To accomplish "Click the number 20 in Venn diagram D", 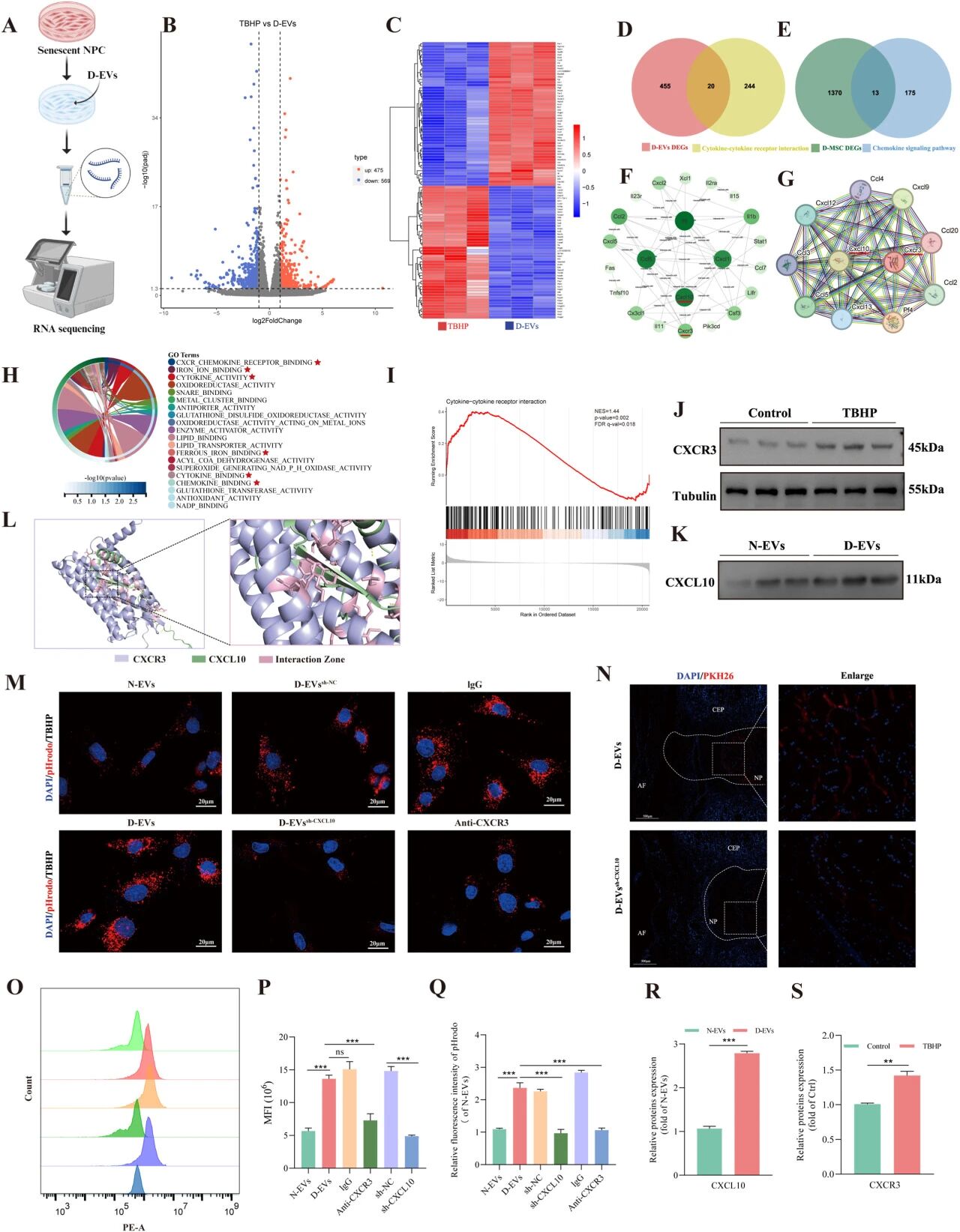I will pos(710,86).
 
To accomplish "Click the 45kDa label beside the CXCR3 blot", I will pos(924,448).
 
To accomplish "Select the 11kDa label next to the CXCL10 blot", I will pos(923,579).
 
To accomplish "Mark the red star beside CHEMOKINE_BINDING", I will pos(257,483).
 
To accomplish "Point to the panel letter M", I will pos(15,683).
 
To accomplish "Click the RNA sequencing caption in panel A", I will pos(69,328).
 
